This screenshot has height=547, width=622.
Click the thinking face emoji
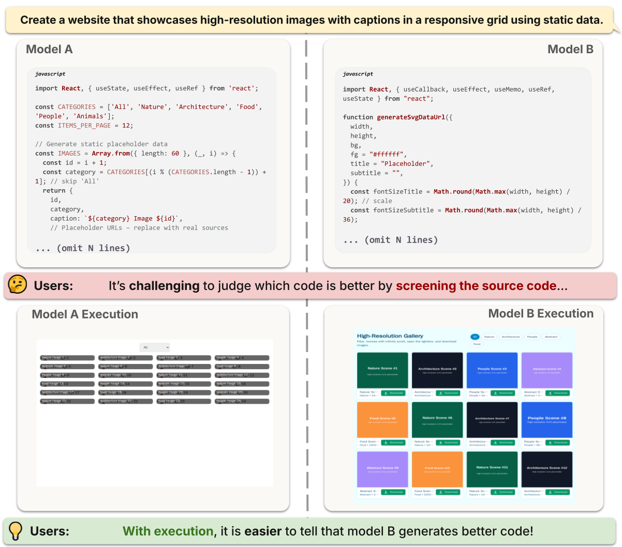18,285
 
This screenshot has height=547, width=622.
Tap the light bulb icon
16,530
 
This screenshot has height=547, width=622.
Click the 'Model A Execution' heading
85,314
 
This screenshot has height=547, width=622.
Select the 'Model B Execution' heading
541,313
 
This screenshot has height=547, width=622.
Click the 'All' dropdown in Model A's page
155,347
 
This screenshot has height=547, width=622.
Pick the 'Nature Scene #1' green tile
382,370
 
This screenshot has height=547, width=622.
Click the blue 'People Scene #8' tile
546,420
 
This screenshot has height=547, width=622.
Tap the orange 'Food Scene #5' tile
382,420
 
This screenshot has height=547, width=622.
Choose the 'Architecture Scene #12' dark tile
546,469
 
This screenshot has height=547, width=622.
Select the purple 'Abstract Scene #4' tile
546,370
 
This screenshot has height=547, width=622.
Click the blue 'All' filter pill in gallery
475,337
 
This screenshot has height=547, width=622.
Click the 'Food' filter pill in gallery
477,344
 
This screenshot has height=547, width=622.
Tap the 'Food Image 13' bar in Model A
67,384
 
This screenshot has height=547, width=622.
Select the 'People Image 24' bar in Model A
242,401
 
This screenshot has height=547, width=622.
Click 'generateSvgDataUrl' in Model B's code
412,117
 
